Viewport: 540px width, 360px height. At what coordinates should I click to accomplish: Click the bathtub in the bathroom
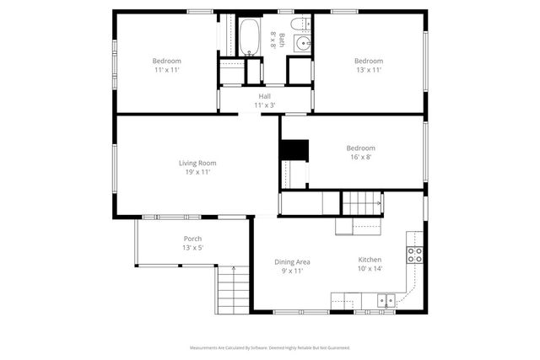(249, 37)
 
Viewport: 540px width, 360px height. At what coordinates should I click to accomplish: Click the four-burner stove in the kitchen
(415, 255)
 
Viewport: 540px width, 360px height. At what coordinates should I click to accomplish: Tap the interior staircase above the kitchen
(360, 203)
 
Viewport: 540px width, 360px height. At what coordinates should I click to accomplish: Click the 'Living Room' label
(197, 163)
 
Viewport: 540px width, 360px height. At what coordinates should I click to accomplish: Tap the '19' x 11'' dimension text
(197, 172)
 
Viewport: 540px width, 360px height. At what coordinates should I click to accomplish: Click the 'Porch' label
(192, 239)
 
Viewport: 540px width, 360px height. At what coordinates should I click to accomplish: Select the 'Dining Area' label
(291, 261)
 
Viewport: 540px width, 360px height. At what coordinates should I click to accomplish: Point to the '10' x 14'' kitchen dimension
(370, 269)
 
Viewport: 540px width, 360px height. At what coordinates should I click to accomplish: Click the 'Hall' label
(264, 96)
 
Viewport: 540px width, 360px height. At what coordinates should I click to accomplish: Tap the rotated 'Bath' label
(282, 39)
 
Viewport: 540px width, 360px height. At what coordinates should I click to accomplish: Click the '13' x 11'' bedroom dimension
(368, 70)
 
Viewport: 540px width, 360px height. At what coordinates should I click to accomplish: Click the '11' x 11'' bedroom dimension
(166, 70)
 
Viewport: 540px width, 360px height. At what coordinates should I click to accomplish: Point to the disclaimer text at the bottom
(269, 347)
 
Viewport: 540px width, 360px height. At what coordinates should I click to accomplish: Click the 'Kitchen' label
(370, 260)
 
